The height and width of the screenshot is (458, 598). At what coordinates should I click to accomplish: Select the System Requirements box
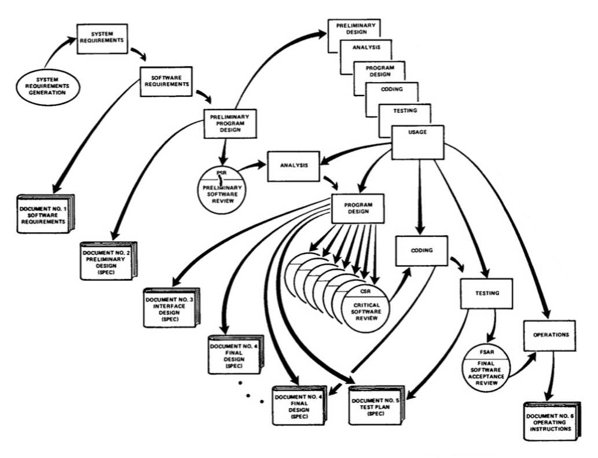(x=102, y=38)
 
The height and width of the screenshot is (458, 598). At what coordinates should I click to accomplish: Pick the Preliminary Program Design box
(x=230, y=124)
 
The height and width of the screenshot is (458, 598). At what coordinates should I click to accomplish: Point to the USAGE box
(x=417, y=141)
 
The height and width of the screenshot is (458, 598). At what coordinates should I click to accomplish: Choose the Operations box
(x=550, y=335)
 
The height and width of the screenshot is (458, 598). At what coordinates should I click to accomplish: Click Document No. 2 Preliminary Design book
(x=108, y=261)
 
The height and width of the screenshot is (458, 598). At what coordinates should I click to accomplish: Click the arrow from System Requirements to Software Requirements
(x=138, y=56)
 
